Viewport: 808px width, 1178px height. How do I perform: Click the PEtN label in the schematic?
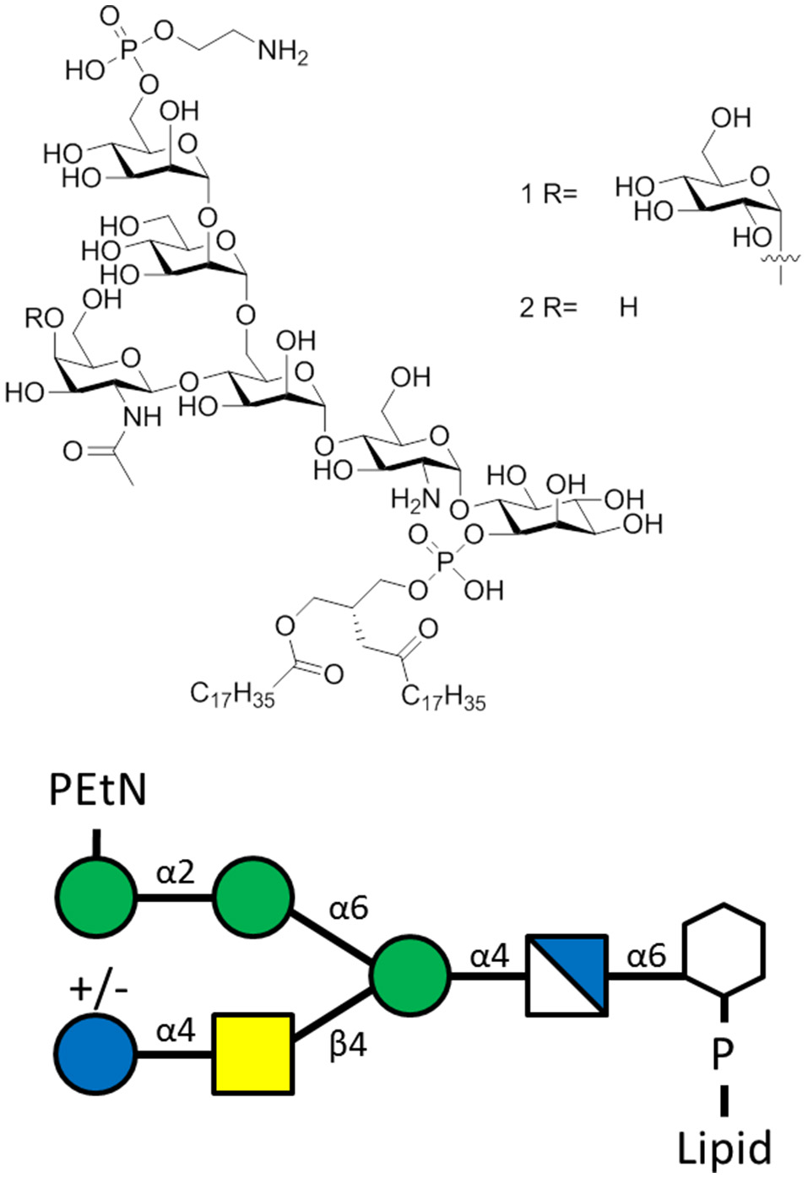pyautogui.click(x=98, y=791)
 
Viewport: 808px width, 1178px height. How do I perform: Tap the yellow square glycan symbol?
pyautogui.click(x=253, y=1054)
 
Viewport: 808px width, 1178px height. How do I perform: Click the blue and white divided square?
pyautogui.click(x=567, y=975)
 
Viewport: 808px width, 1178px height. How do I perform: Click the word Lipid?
pyautogui.click(x=724, y=1148)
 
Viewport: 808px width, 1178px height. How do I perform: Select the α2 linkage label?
pyautogui.click(x=176, y=872)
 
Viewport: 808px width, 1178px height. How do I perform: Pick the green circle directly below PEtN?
pyautogui.click(x=95, y=896)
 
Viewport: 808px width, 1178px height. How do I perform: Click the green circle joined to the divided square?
pyautogui.click(x=410, y=975)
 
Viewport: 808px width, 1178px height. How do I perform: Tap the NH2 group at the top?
pyautogui.click(x=283, y=52)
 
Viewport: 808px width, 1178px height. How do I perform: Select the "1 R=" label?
pyautogui.click(x=548, y=194)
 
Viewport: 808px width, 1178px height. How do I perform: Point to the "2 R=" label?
pyautogui.click(x=548, y=307)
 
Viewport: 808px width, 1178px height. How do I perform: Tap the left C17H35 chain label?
pyautogui.click(x=232, y=695)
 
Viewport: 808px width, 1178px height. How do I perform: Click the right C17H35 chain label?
pyautogui.click(x=443, y=698)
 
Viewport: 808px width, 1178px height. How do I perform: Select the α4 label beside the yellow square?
pyautogui.click(x=176, y=1030)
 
